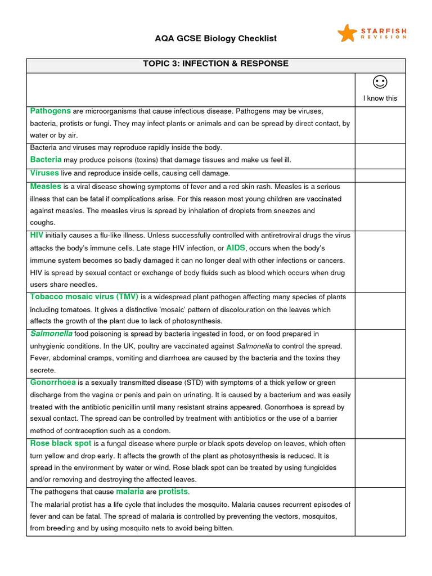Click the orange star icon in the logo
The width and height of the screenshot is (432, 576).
click(x=347, y=33)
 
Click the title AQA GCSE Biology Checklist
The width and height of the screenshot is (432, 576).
click(x=216, y=38)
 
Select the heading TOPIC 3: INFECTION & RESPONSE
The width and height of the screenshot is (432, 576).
click(x=216, y=64)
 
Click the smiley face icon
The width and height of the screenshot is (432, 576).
click(x=380, y=83)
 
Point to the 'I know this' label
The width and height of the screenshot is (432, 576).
click(x=380, y=98)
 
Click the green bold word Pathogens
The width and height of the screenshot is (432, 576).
click(x=50, y=111)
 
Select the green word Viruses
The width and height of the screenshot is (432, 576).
click(x=44, y=173)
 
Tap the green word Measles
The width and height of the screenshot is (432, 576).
click(x=46, y=186)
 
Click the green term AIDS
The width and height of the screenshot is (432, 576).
click(x=236, y=248)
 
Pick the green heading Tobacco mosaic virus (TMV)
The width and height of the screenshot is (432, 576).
click(x=84, y=296)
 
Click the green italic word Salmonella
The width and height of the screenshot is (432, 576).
click(x=51, y=334)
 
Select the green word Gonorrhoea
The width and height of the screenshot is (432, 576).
click(x=53, y=382)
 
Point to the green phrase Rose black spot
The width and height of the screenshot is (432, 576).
click(x=60, y=443)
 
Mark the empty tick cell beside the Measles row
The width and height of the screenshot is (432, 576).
click(x=380, y=206)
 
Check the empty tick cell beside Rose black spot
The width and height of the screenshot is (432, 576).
click(x=380, y=462)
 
